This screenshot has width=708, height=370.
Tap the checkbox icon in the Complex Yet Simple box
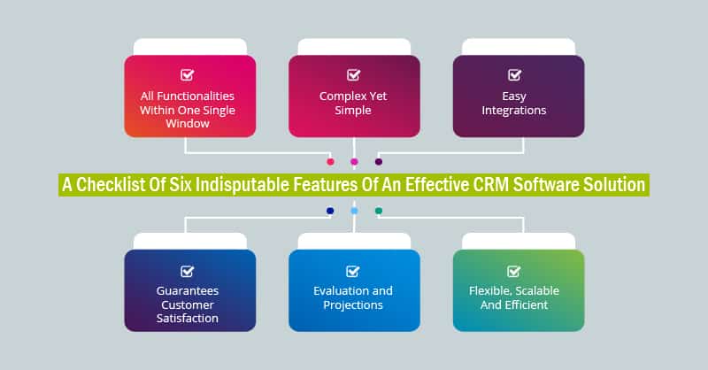pos(353,75)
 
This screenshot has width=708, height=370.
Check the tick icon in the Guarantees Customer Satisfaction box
pos(187,271)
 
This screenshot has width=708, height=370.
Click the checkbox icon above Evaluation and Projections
pos(353,271)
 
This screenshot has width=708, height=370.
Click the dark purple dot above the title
pos(379,162)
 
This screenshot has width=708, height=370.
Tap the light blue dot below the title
pos(354,211)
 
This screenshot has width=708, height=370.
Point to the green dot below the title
pos(379,211)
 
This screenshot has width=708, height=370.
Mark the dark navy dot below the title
pos(330,211)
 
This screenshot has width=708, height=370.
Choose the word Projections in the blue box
pos(353,305)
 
